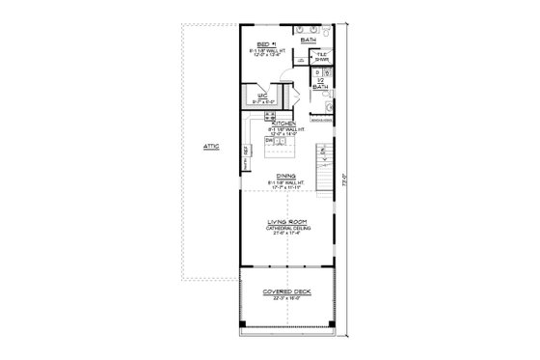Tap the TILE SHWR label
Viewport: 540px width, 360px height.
click(323, 57)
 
